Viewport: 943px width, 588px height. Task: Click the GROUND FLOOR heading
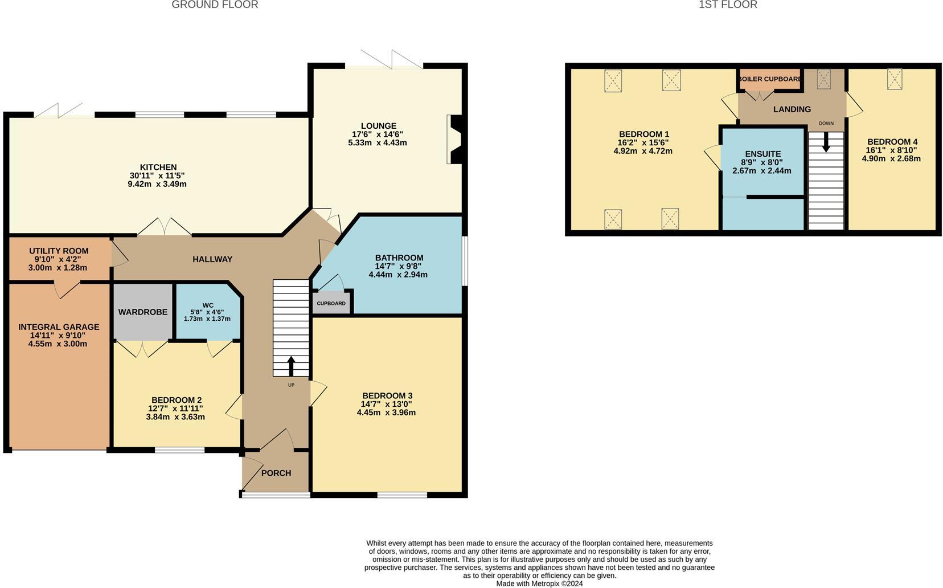point(215,5)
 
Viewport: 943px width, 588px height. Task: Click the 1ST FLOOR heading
point(728,5)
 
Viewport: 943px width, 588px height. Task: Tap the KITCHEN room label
point(158,168)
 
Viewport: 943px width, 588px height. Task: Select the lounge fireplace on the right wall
point(455,140)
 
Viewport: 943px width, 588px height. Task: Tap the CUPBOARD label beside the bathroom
point(331,303)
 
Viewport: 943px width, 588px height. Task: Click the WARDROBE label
point(143,312)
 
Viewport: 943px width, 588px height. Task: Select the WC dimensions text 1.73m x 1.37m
point(207,318)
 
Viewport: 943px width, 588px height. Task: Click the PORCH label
point(276,473)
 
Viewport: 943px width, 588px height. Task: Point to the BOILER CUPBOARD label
point(770,79)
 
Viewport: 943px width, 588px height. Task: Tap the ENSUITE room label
point(762,154)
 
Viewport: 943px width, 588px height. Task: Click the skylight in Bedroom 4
point(894,79)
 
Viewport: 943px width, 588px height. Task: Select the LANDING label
point(792,109)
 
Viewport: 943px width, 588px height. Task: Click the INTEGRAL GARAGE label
point(59,327)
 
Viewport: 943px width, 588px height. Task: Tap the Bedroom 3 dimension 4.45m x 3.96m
point(386,413)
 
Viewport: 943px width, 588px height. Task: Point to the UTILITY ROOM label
point(59,251)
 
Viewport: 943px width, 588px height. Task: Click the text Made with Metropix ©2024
point(539,583)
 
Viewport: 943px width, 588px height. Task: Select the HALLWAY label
point(212,259)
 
